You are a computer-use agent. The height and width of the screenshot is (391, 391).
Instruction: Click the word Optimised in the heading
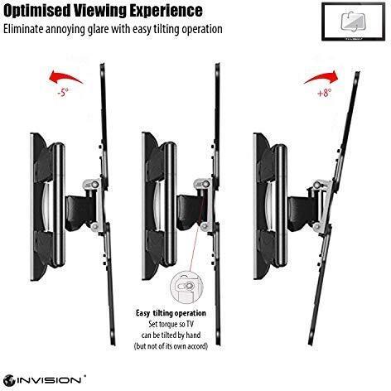point(37,11)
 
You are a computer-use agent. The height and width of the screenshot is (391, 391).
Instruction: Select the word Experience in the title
point(166,11)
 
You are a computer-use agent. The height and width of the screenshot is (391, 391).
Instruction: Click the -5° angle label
point(63,92)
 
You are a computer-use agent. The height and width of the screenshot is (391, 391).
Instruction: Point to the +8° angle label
point(324,93)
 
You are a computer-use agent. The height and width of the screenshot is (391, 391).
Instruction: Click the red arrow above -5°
point(65,76)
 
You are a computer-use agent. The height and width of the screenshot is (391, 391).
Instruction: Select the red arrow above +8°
point(321,77)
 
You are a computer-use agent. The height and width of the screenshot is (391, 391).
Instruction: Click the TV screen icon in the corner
point(354,22)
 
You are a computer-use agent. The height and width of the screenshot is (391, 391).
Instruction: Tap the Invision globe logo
point(10,380)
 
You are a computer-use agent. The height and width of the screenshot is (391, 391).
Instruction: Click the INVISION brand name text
point(50,380)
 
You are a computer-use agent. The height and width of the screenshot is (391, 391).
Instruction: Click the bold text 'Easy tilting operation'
point(171,313)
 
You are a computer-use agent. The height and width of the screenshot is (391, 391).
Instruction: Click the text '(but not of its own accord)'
point(171,346)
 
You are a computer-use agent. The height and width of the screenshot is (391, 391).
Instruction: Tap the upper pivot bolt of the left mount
point(94,184)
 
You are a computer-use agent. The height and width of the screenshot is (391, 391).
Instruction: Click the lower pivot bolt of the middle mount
point(205,226)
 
